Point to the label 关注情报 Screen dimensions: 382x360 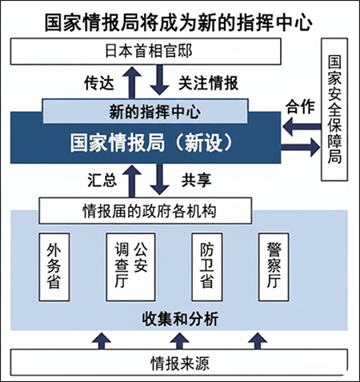coord(208,82)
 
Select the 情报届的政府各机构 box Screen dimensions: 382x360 coord(147,211)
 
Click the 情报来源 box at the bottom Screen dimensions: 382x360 coord(178,364)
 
